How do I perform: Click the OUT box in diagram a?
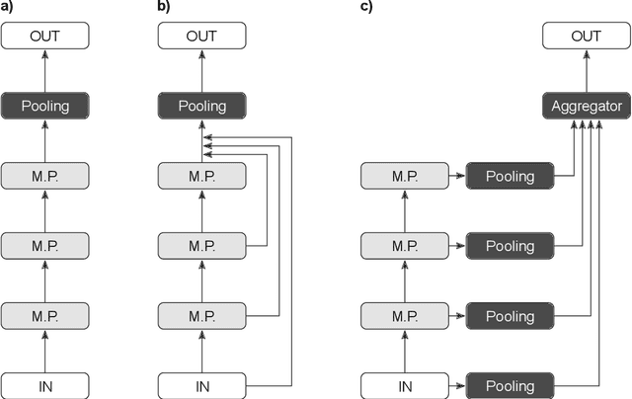click(45, 37)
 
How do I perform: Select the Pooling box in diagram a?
click(45, 106)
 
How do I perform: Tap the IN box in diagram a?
click(45, 385)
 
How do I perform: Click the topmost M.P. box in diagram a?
click(45, 176)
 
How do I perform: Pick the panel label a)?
click(8, 7)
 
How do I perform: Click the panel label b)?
click(165, 7)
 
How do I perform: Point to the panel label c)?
click(366, 7)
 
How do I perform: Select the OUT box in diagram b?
click(201, 37)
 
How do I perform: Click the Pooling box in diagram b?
click(201, 106)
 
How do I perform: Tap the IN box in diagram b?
click(201, 385)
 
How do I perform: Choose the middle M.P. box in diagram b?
click(201, 246)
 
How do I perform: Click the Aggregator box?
click(585, 106)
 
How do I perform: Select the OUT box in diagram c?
click(585, 37)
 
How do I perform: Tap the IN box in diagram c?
click(403, 385)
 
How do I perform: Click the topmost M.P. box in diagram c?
click(403, 176)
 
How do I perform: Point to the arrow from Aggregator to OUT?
click(585, 71)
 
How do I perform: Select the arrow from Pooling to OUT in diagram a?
click(45, 71)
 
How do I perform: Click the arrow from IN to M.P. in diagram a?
click(45, 351)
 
